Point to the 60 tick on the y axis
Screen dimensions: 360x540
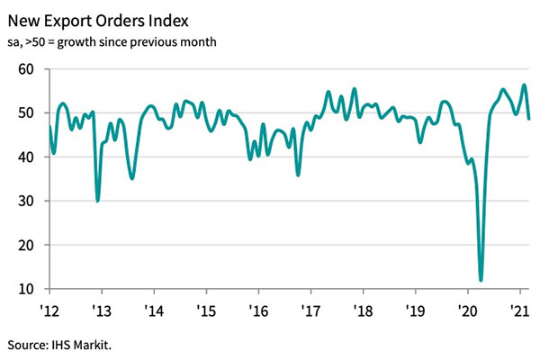[x=27, y=69]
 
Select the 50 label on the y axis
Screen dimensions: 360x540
[x=27, y=113]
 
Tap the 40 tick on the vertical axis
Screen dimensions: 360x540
[x=27, y=157]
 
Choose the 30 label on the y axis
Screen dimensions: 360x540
[x=27, y=202]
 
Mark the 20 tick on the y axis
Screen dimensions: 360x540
[x=27, y=245]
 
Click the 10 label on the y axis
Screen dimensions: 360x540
[x=27, y=289]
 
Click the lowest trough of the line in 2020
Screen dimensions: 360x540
[x=481, y=280]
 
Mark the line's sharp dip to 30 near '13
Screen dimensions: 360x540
[x=97, y=201]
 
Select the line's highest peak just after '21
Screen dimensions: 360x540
[x=525, y=85]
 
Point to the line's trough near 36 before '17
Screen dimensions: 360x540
[x=298, y=175]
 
